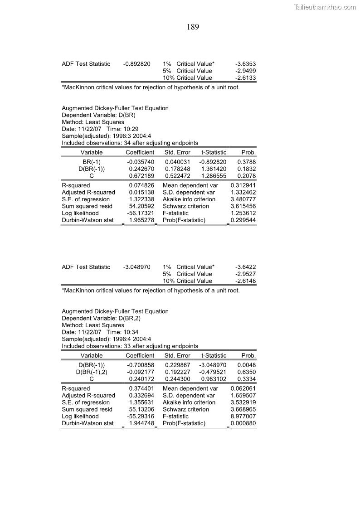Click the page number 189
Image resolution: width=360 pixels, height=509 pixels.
point(193,27)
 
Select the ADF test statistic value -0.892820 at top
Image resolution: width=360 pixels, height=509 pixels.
point(136,64)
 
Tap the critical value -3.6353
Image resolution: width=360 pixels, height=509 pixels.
point(246,64)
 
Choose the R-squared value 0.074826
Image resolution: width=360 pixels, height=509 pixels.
point(141,185)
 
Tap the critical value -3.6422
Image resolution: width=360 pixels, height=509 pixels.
point(246,267)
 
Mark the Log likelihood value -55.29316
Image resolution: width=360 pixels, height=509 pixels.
point(141,417)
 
